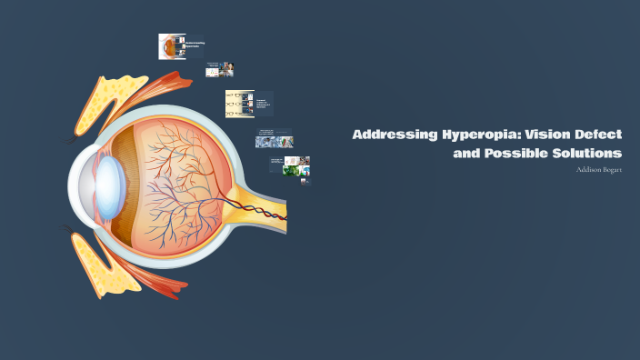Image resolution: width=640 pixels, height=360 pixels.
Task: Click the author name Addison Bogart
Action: (x=599, y=169)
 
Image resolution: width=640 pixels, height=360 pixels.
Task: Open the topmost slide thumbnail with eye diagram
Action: (x=181, y=46)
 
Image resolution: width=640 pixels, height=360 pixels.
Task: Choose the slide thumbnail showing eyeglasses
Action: (x=246, y=103)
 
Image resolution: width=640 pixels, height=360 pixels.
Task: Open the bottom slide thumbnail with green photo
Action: (x=290, y=166)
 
